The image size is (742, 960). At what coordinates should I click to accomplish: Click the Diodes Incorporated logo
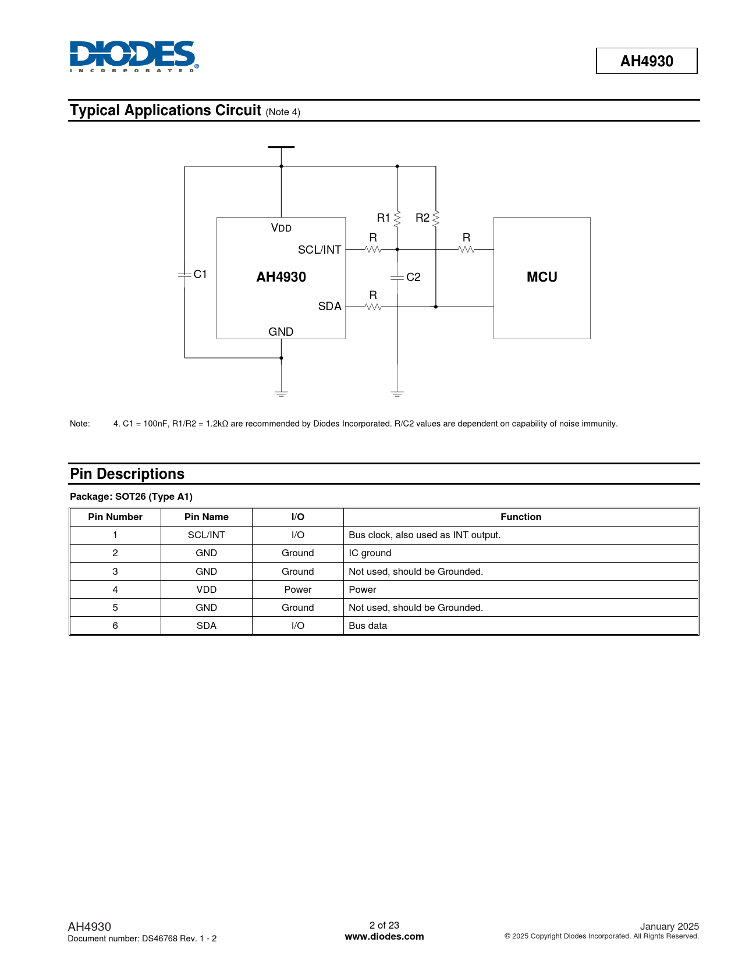(x=134, y=56)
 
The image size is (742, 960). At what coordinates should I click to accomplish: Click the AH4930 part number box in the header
(x=647, y=61)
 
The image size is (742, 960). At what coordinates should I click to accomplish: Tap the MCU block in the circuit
(x=542, y=278)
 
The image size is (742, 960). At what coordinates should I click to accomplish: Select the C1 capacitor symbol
(x=184, y=274)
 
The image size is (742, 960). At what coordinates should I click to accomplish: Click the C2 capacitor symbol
(x=397, y=278)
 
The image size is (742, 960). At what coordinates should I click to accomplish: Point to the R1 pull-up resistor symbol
(x=397, y=219)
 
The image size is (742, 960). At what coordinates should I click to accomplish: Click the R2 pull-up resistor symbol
(x=436, y=219)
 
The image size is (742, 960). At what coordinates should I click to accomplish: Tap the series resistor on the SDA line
(x=373, y=307)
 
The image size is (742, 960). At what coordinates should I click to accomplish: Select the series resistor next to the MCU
(x=467, y=250)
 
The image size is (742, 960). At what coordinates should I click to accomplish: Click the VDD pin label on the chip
(x=281, y=228)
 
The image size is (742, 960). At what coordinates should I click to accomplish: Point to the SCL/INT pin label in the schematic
(x=319, y=250)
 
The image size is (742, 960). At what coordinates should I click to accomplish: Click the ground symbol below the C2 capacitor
(x=397, y=394)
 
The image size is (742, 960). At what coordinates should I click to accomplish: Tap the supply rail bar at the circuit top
(x=281, y=147)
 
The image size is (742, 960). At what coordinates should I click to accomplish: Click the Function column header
(x=521, y=517)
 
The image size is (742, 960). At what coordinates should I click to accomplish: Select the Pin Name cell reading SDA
(x=207, y=625)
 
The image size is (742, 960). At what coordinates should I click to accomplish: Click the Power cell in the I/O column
(x=298, y=589)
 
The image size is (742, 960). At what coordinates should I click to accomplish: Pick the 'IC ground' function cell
(x=370, y=553)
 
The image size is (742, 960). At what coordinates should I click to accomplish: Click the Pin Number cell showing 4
(x=115, y=589)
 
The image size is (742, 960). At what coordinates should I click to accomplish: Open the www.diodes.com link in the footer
(x=384, y=937)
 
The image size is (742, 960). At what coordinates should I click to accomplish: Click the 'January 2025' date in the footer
(x=669, y=926)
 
